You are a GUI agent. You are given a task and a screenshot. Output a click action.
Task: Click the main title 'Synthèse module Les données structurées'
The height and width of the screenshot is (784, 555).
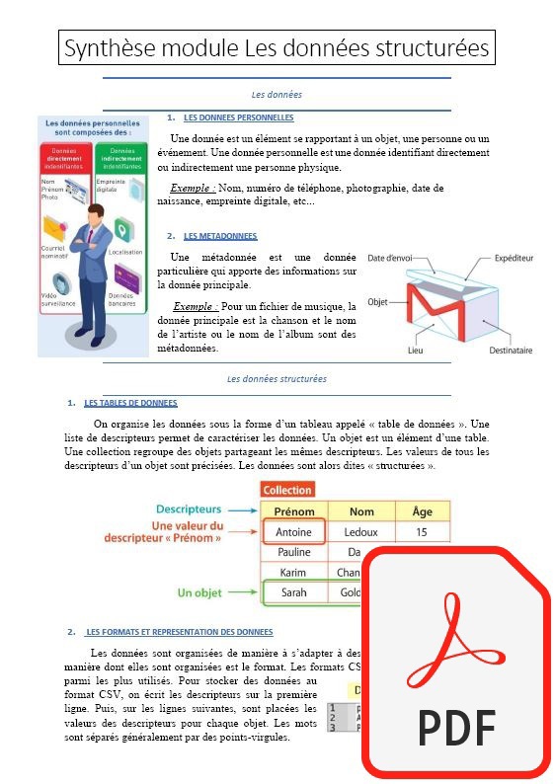point(276,47)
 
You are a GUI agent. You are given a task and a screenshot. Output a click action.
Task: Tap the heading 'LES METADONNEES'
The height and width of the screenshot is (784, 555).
point(220,236)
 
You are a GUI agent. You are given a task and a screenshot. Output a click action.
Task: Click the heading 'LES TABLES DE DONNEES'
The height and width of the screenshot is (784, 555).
point(130,403)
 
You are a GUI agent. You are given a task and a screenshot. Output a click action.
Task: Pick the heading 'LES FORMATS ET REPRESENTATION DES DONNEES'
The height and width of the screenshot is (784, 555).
point(179,632)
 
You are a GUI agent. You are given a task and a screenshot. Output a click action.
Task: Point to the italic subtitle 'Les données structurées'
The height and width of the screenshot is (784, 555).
point(277,378)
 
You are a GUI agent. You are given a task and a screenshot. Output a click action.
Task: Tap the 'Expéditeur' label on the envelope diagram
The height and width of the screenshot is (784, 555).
point(513,258)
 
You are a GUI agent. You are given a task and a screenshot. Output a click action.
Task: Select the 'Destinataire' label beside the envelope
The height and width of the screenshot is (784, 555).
point(511,350)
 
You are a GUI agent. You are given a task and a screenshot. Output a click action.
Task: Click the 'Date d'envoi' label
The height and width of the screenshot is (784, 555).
point(390,258)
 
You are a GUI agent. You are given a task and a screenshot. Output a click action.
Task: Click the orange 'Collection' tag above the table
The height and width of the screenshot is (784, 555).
point(287,490)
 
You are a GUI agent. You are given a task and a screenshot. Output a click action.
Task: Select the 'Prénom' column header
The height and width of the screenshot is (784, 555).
point(294,511)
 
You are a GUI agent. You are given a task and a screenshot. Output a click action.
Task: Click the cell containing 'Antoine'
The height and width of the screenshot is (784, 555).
point(294,532)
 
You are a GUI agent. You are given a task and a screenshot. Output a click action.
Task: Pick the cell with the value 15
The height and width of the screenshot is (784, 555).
point(422,532)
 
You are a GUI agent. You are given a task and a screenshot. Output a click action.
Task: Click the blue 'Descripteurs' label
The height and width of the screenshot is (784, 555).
point(189,510)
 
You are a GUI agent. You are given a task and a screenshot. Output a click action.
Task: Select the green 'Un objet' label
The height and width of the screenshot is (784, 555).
point(199,593)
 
